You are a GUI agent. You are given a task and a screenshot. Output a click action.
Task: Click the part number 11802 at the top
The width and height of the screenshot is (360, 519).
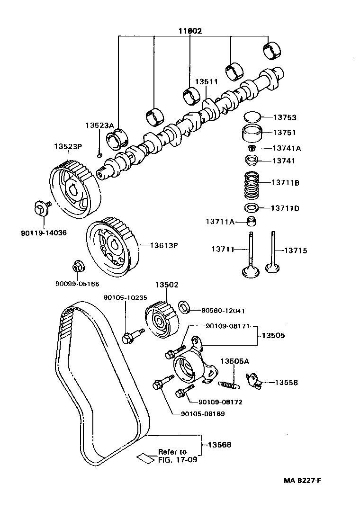pyautogui.click(x=190, y=31)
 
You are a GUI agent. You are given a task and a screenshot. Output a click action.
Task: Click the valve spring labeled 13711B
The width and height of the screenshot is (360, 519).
pyautogui.click(x=252, y=185)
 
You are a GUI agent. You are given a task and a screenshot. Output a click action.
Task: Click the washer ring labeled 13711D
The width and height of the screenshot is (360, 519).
pyautogui.click(x=252, y=207)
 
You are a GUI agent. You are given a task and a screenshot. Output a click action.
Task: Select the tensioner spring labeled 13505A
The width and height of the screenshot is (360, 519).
pyautogui.click(x=229, y=385)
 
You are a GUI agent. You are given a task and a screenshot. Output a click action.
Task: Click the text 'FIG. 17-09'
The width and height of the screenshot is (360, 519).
pyautogui.click(x=178, y=459)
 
